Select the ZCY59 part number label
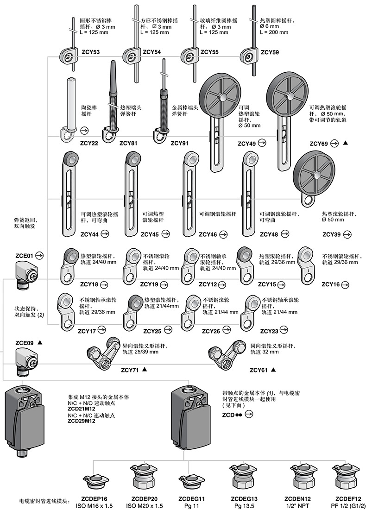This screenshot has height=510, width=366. point(270,52)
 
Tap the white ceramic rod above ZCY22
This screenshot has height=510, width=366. point(71,102)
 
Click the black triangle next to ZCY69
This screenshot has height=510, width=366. point(345,144)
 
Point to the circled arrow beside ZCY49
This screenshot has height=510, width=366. point(262,143)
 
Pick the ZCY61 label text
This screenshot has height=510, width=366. point(259,370)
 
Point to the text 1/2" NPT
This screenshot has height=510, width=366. point(297,505)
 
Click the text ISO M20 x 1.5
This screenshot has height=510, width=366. point(145,505)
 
